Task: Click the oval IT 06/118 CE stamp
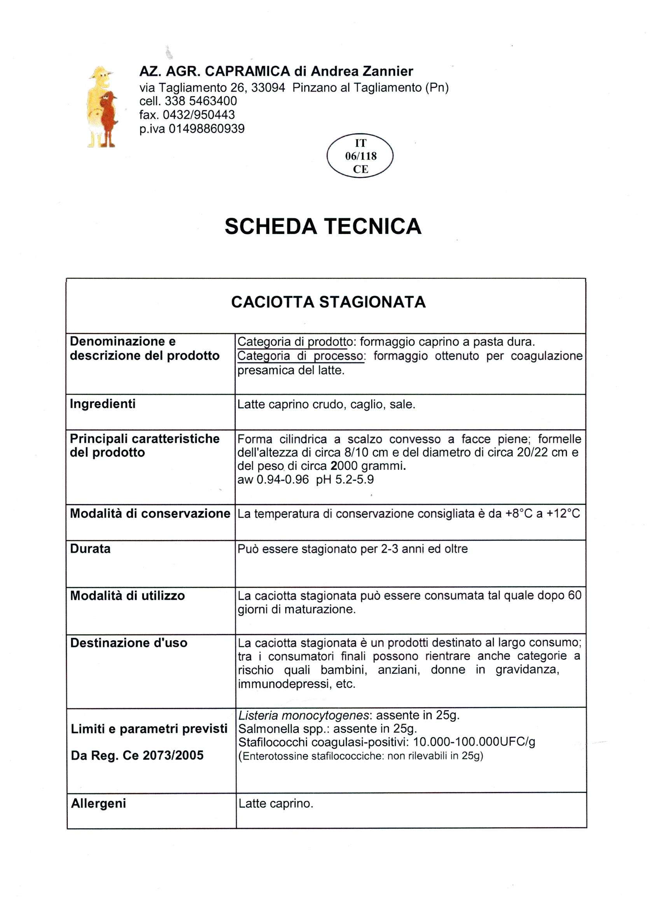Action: (x=360, y=156)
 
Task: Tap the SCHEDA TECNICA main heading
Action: (x=323, y=226)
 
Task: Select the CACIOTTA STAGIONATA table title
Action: (x=328, y=302)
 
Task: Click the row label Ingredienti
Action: (x=103, y=404)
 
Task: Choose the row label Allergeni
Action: (x=98, y=803)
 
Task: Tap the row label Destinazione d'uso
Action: (x=129, y=643)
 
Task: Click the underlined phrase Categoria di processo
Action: (x=301, y=356)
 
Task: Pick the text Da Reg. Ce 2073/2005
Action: (x=137, y=755)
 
